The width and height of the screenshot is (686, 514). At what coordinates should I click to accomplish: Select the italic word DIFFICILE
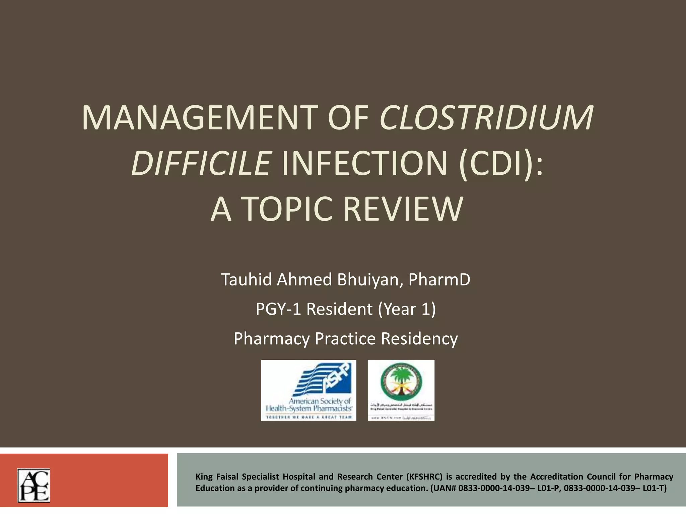pos(201,164)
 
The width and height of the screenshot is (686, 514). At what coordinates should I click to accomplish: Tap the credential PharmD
pos(439,280)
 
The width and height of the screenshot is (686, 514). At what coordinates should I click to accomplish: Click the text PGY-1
pos(279,309)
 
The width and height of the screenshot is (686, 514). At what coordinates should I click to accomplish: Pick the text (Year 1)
pos(407,309)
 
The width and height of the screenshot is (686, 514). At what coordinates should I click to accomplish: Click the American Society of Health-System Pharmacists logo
pos(308,390)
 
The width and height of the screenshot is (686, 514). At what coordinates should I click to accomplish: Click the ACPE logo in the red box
pos(33,485)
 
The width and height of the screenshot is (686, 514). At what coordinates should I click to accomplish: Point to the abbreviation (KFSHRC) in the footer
pos(424,477)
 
